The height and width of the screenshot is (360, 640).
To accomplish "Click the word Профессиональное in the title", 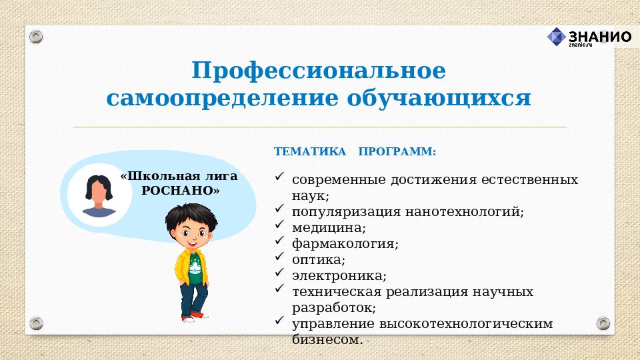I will [x=319, y=71].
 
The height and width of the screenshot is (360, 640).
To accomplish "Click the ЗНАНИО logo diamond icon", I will [x=556, y=37].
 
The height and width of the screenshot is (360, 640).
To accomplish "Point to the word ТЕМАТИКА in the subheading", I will [x=310, y=152].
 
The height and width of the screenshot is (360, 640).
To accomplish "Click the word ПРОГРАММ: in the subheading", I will [x=397, y=152].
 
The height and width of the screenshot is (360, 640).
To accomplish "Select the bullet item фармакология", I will [x=345, y=244].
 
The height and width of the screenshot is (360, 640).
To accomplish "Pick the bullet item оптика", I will [x=319, y=260].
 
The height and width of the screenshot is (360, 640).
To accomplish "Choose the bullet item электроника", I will [x=339, y=276].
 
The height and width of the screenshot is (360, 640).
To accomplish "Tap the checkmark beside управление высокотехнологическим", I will [x=280, y=322].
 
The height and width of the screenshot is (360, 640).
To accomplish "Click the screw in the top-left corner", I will [x=36, y=35].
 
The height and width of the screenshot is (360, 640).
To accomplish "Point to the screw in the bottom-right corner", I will [x=603, y=324].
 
